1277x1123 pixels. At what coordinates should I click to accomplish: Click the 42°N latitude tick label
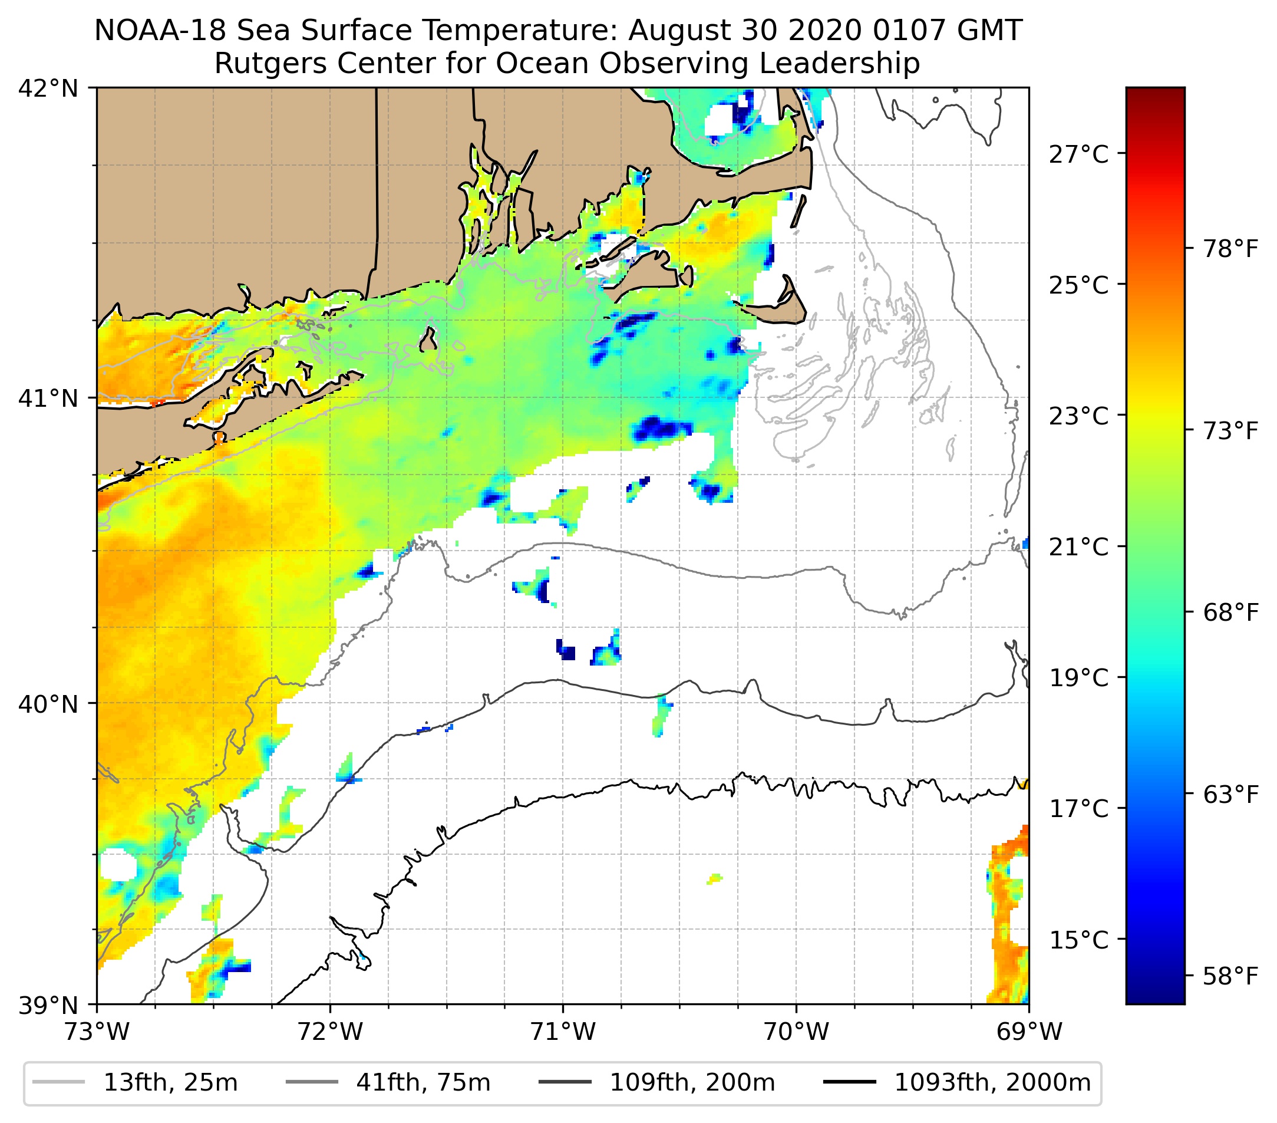(x=48, y=89)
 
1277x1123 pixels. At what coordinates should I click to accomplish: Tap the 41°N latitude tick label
(x=48, y=398)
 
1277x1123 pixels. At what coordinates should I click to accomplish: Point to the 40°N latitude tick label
(x=48, y=704)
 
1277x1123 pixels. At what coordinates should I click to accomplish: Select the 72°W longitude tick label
(x=330, y=1032)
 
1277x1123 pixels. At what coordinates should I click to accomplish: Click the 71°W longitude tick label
(x=563, y=1032)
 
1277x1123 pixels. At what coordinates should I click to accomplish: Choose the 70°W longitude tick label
(x=797, y=1032)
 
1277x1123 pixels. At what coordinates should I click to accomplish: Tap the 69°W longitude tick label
(x=1029, y=1032)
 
